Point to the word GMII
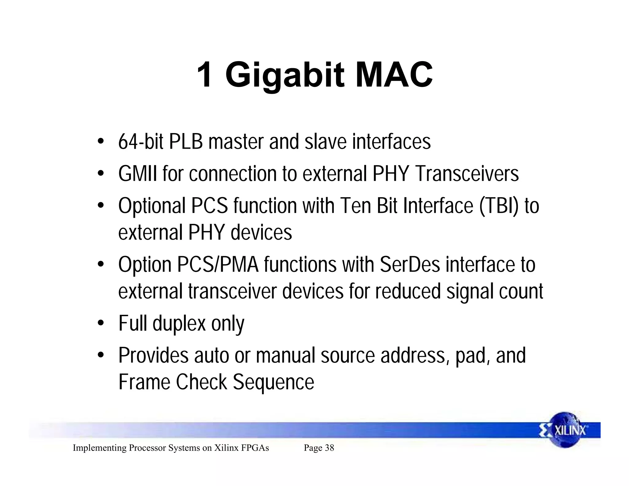(138, 174)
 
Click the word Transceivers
(467, 174)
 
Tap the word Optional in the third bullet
(152, 206)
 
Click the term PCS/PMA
(218, 265)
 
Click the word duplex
(179, 323)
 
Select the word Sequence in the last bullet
(273, 382)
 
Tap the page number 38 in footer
(329, 448)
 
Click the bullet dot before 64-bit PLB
(100, 142)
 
